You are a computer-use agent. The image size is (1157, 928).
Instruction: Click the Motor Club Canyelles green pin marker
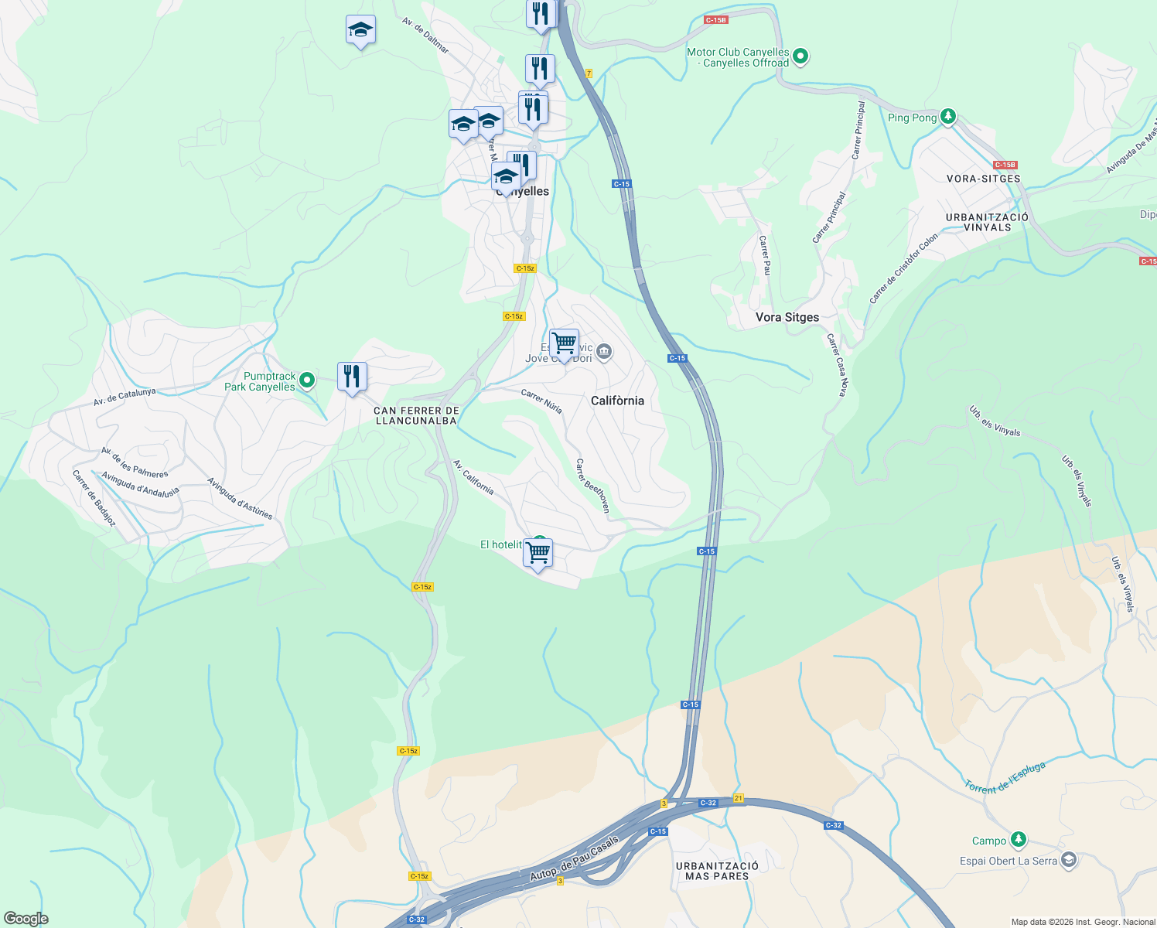[801, 56]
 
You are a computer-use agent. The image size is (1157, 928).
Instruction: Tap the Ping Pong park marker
[948, 117]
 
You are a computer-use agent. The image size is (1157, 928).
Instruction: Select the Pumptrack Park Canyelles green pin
[307, 380]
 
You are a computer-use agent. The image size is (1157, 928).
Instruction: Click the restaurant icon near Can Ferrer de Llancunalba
[352, 377]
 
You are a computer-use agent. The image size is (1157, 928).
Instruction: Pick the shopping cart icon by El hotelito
[538, 553]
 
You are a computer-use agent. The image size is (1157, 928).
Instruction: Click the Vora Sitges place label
[787, 317]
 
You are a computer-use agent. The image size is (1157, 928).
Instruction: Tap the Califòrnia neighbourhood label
[617, 401]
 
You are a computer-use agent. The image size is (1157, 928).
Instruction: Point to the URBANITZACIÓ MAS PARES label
[717, 871]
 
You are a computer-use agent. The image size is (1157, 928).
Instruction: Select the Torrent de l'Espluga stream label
[1005, 777]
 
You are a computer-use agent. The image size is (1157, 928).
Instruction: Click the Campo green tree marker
[1019, 839]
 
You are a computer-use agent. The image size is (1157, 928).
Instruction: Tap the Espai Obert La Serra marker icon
[1069, 860]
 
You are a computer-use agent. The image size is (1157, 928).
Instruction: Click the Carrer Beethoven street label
[593, 486]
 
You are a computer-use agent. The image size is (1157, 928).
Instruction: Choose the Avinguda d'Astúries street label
[240, 498]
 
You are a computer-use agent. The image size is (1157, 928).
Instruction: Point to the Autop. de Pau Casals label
[574, 858]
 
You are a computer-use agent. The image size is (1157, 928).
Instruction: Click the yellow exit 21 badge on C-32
[739, 798]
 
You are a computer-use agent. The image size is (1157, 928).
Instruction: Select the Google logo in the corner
[26, 919]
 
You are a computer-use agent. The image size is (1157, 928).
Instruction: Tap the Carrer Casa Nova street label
[837, 366]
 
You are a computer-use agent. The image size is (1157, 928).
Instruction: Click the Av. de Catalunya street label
[125, 397]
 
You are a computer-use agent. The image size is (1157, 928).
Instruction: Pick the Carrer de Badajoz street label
[94, 499]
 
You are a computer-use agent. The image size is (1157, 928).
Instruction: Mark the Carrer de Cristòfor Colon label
[903, 268]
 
